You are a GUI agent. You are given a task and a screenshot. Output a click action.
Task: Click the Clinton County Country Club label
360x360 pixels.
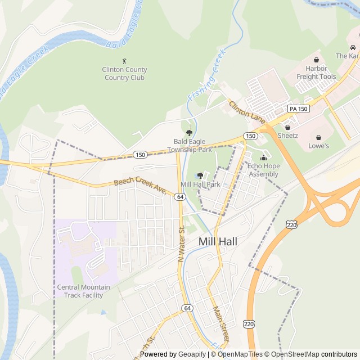pyautogui.click(x=124, y=73)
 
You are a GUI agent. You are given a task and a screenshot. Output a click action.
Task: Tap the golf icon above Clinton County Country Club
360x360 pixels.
pyautogui.click(x=124, y=61)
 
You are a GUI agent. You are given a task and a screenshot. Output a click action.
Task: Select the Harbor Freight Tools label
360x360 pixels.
pyautogui.click(x=316, y=73)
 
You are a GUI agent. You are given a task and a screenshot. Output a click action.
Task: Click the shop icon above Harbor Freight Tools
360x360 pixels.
pyautogui.click(x=316, y=60)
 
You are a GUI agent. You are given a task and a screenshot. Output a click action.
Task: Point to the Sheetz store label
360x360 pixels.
pyautogui.click(x=287, y=136)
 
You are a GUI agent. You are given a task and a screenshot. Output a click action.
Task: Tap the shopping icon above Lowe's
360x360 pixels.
pyautogui.click(x=319, y=137)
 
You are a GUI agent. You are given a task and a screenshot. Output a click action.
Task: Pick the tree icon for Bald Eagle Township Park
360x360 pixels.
pyautogui.click(x=189, y=133)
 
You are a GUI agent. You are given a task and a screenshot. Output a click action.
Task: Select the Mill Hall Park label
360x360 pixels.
pyautogui.click(x=200, y=184)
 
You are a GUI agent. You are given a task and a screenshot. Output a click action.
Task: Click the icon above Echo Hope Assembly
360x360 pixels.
pyautogui.click(x=263, y=157)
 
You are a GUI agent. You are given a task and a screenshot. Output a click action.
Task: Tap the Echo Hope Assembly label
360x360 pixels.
pyautogui.click(x=263, y=170)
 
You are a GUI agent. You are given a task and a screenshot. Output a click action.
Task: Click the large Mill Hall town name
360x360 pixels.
pyautogui.click(x=218, y=241)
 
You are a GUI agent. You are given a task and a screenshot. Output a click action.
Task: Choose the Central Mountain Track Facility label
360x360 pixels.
pyautogui.click(x=84, y=291)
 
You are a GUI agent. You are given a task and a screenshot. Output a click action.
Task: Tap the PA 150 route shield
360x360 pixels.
pyautogui.click(x=298, y=108)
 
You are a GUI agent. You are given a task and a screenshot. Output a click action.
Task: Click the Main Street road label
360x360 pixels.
pyautogui.click(x=221, y=323)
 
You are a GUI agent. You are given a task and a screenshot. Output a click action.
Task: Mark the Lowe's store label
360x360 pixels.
pyautogui.click(x=319, y=146)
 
